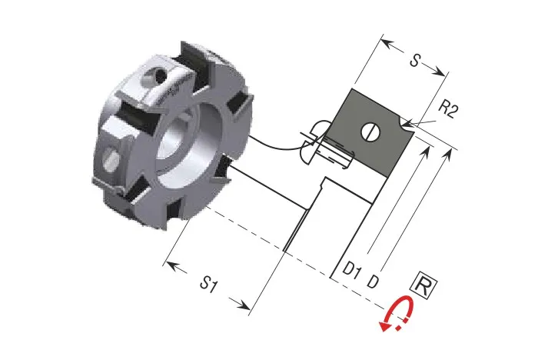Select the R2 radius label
[x=448, y=110]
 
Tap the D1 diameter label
[x=351, y=271]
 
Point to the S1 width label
[x=209, y=285]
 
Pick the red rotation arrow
[x=395, y=316]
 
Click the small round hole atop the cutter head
[x=158, y=76]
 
